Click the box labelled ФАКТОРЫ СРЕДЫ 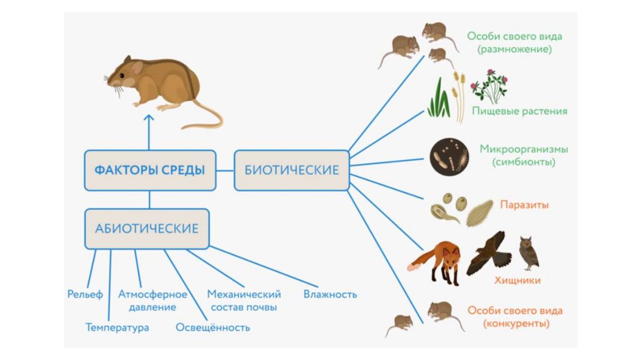pos(150,170)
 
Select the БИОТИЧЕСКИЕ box pos(292,170)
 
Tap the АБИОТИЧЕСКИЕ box pos(147,228)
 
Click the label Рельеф pos(85,294)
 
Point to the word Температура pos(117,327)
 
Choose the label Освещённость pos(213,327)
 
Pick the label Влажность pos(330,294)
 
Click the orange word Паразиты pos(525,204)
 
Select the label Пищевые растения pos(520,111)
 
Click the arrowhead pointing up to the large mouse pos(149,117)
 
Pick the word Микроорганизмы pos(524,149)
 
